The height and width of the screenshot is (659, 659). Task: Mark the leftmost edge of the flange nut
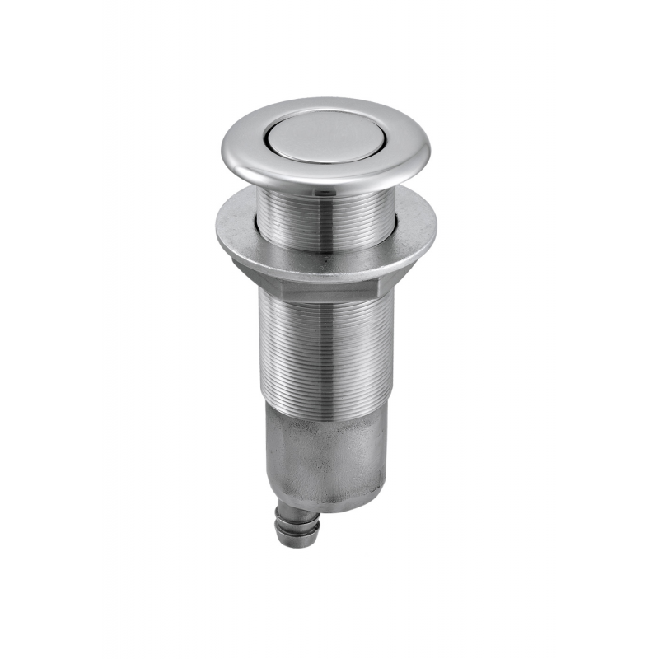pos(217,231)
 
